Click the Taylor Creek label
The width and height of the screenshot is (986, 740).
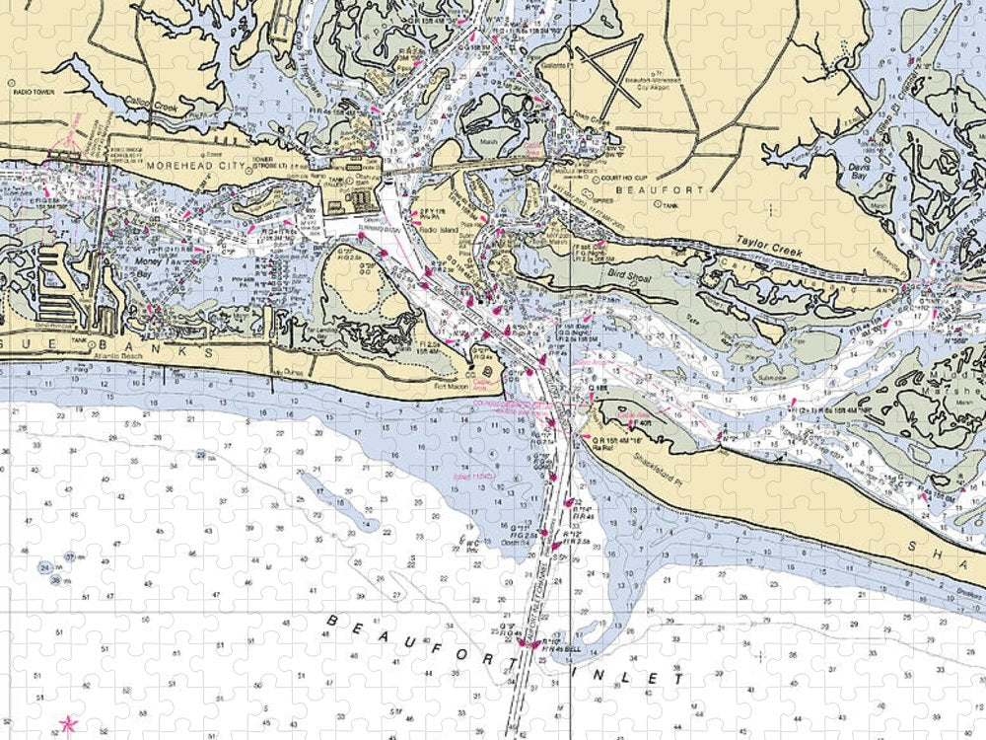tap(768, 247)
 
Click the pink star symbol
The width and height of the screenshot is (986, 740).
tap(68, 725)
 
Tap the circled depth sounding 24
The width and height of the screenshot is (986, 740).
tap(45, 568)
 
